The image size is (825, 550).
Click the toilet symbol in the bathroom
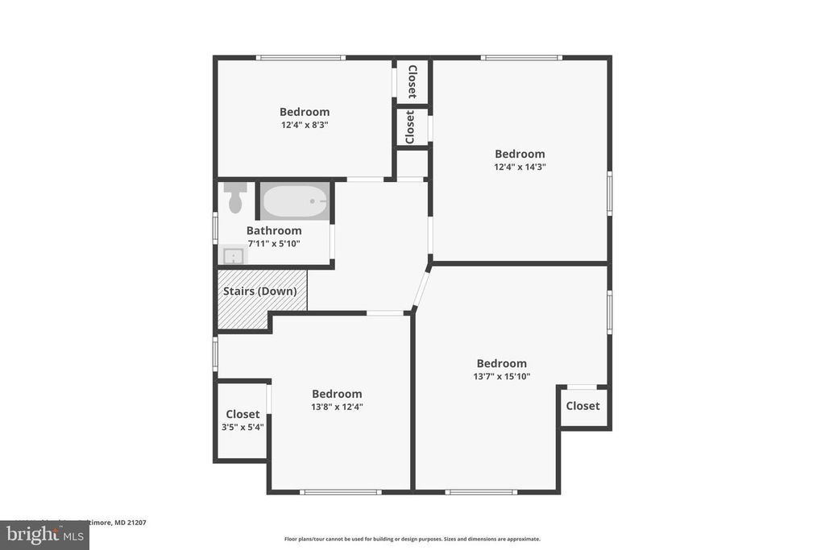[x=235, y=199]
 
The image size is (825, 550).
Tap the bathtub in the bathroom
[x=295, y=201]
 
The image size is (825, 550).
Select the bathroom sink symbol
[x=234, y=256]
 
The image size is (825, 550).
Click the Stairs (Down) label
[x=259, y=291]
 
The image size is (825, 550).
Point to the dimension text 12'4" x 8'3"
[x=305, y=125]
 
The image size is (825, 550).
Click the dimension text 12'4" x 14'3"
[x=520, y=167]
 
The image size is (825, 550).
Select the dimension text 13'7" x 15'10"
[x=501, y=376]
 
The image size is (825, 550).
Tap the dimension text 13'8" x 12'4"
[x=337, y=407]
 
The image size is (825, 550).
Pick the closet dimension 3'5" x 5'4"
[x=243, y=427]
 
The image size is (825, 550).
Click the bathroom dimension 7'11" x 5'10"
[x=274, y=243]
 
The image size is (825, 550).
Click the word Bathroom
[x=274, y=230]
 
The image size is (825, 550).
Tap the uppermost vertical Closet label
[x=412, y=81]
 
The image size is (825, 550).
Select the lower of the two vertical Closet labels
[x=411, y=127]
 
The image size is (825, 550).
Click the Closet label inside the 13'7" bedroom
[x=582, y=406]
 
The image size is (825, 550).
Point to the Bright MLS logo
[x=44, y=535]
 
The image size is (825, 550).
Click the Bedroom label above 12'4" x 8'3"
[x=305, y=112]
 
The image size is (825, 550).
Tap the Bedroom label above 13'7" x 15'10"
[x=501, y=363]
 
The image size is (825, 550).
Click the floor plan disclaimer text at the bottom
[x=412, y=539]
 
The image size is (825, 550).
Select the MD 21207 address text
[x=121, y=522]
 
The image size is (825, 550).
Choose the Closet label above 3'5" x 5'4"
[x=243, y=414]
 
